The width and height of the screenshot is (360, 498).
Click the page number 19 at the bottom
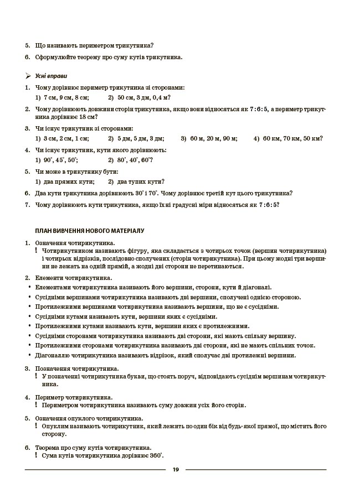[176, 470]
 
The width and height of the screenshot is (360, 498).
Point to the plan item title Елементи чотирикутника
[74, 278]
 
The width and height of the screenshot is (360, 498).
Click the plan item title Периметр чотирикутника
[74, 397]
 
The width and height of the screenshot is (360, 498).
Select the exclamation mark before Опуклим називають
[37, 426]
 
